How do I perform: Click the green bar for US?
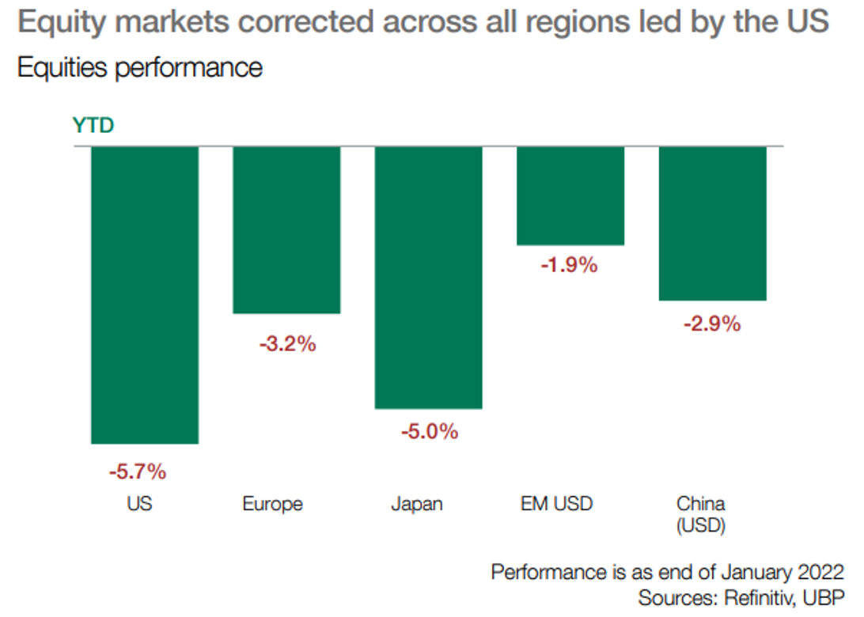(x=145, y=295)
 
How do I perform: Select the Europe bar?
(x=286, y=230)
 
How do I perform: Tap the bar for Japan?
(x=428, y=278)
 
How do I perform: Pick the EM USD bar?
(x=570, y=196)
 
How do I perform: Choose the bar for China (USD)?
(x=712, y=224)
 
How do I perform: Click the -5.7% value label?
(x=138, y=472)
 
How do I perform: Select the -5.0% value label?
(x=429, y=432)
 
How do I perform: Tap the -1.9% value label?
(x=569, y=266)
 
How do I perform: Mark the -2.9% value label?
(x=712, y=324)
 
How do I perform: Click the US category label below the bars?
(x=139, y=504)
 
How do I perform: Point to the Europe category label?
(x=273, y=504)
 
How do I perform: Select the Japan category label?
(x=417, y=504)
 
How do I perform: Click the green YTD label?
(x=93, y=126)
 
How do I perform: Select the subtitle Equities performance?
(x=140, y=67)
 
